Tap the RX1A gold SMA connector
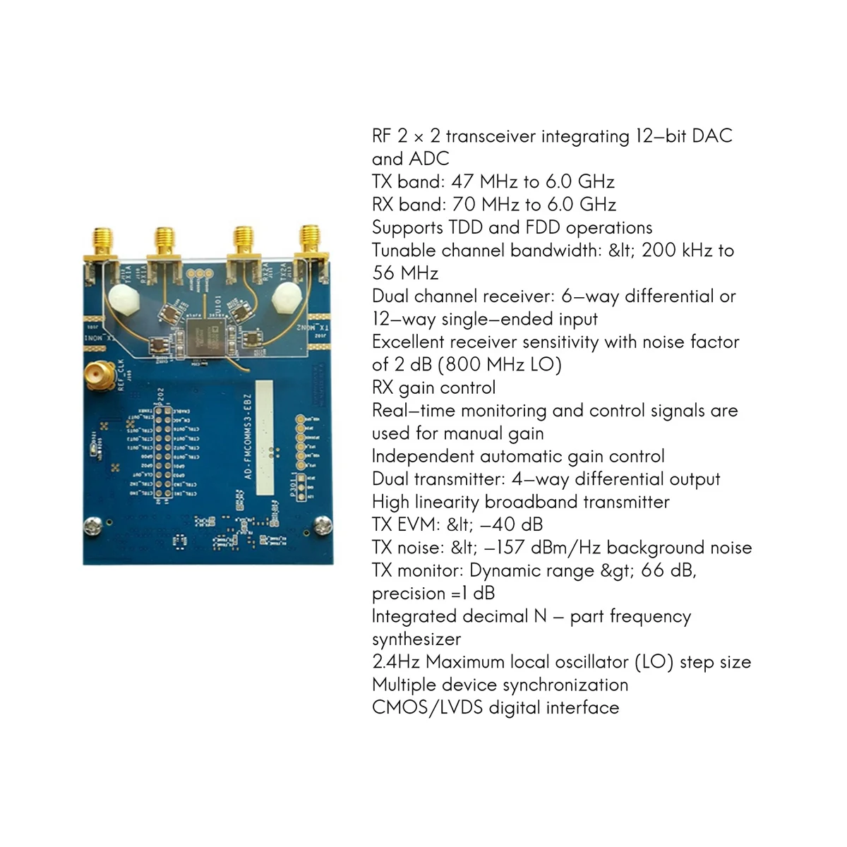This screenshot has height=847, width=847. coord(165,244)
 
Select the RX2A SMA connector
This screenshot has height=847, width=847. coord(244,244)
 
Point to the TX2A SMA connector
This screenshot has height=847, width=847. coord(308,244)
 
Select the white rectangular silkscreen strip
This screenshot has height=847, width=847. coord(263,438)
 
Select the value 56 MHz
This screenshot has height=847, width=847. coord(405,273)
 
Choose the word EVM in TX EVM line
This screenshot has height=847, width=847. coord(423,524)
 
